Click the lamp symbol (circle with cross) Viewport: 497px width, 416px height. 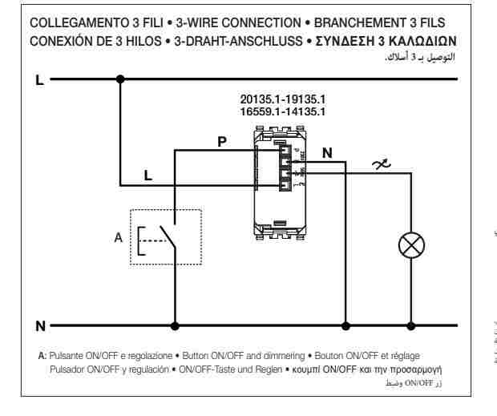412,246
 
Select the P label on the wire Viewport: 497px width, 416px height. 222,141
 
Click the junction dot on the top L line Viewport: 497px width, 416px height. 121,79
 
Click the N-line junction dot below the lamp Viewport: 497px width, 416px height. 412,326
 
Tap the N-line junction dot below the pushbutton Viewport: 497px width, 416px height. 176,326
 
